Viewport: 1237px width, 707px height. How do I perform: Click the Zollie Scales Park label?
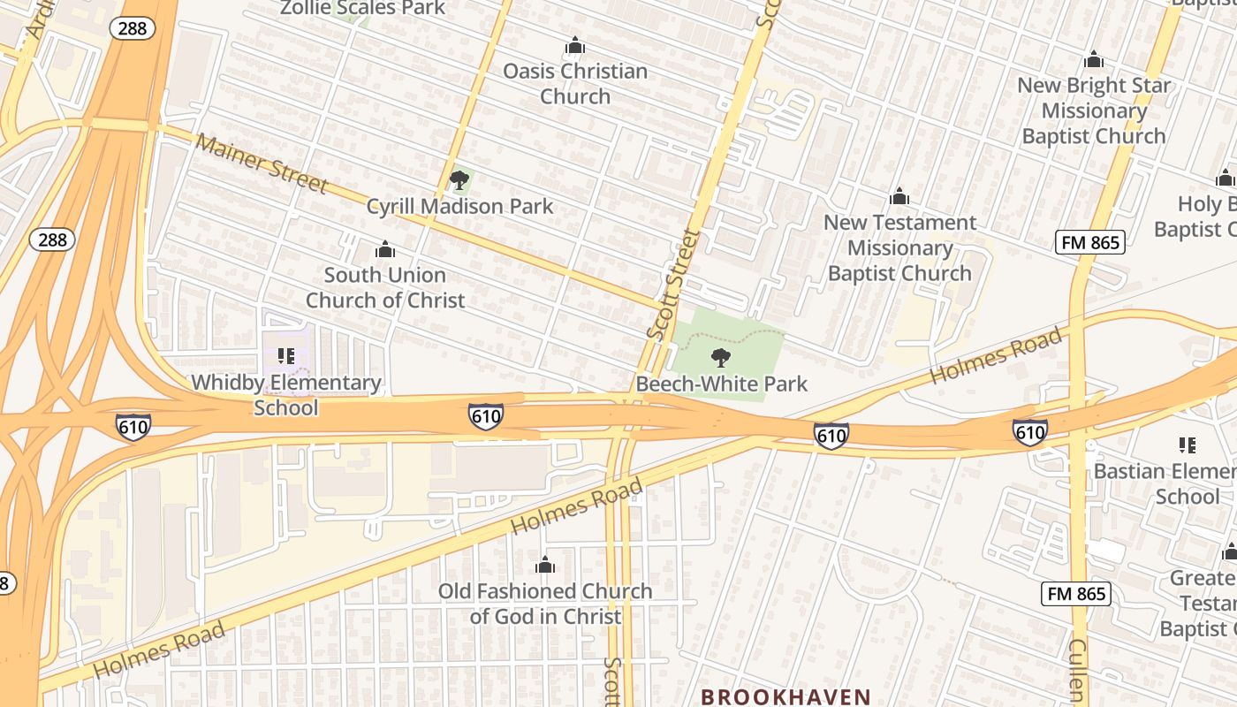[363, 8]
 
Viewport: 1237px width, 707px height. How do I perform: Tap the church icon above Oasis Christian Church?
[575, 45]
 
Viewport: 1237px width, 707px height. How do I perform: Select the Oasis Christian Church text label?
[575, 83]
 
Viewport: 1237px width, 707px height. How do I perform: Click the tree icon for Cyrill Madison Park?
[459, 181]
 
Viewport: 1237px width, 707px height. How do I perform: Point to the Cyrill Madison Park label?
[459, 207]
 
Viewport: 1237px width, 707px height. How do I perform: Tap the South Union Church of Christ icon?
[384, 249]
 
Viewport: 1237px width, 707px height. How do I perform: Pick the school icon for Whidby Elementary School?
[285, 356]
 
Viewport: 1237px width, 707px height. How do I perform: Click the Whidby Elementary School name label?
[286, 395]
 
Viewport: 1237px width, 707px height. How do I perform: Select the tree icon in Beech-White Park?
[721, 358]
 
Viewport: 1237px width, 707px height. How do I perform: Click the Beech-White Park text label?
[721, 384]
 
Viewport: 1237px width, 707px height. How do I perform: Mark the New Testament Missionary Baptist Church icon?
[899, 196]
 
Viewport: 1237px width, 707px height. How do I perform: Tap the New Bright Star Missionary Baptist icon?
[1094, 59]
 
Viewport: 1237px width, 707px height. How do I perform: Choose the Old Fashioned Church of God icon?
[545, 565]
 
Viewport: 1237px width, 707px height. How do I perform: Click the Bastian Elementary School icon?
[1187, 445]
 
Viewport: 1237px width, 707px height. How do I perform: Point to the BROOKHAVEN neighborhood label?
[786, 696]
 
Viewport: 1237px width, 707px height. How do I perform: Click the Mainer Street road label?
[262, 163]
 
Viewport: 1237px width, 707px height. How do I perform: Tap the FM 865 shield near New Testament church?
[1089, 242]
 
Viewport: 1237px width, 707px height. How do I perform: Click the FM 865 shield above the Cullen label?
[1075, 593]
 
